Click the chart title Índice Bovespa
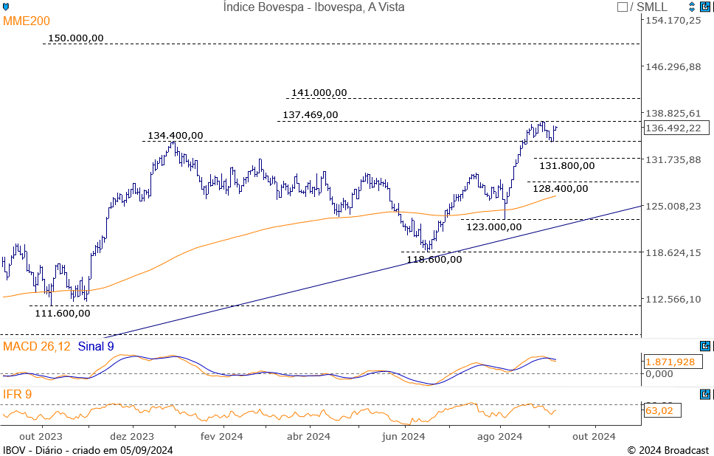[313, 7]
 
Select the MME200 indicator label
[27, 21]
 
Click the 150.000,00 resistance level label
[75, 38]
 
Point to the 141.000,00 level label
[319, 93]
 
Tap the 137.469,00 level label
[311, 115]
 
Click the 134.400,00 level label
[176, 136]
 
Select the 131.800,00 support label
[566, 166]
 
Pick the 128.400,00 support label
[561, 189]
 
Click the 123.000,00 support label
[494, 227]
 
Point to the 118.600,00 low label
[434, 259]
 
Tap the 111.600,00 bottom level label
[63, 314]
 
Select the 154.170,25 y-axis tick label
[673, 21]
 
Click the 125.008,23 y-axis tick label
[673, 207]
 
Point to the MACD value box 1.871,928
[670, 362]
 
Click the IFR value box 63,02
[661, 410]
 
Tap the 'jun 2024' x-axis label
[403, 437]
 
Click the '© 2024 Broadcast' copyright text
[668, 450]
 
